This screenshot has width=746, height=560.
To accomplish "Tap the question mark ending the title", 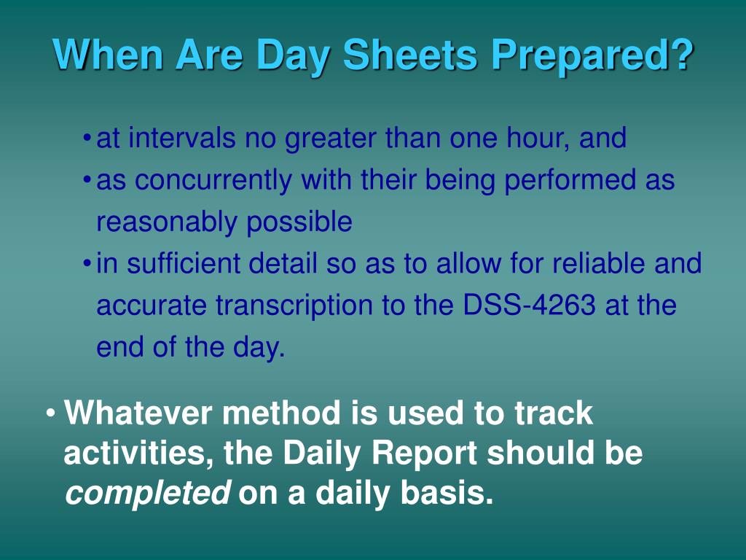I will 680,55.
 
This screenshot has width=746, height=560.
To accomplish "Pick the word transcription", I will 295,305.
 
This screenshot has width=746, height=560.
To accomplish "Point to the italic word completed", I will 148,494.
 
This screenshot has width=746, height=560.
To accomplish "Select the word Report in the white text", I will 426,454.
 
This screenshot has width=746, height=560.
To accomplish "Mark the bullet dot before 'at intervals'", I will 87,139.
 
